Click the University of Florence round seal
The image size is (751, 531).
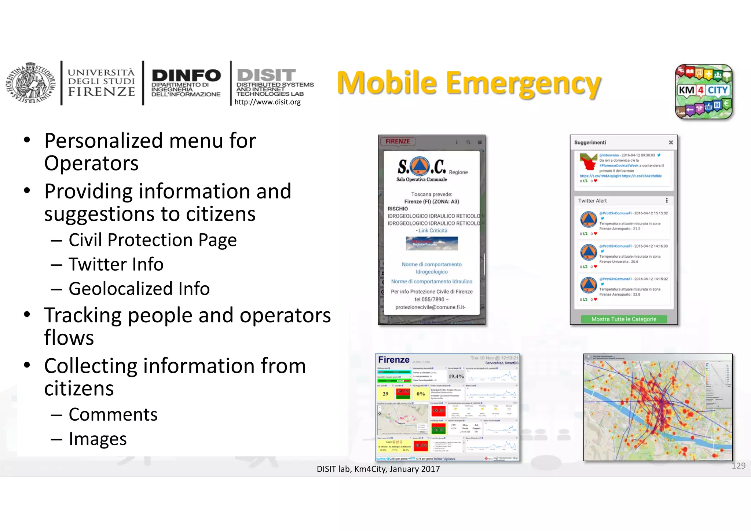30,83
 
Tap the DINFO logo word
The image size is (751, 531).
186,76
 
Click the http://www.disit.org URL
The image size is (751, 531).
267,102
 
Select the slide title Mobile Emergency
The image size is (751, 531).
469,83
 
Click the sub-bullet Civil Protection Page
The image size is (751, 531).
153,240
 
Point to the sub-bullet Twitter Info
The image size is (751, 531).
116,264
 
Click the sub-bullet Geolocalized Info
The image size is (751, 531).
139,289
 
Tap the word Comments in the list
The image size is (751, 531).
113,415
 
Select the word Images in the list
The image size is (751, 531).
98,439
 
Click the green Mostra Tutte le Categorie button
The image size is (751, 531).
623,319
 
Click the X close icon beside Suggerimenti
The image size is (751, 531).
671,142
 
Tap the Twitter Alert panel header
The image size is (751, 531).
593,201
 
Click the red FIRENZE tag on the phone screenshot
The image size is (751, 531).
398,142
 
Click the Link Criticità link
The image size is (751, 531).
433,230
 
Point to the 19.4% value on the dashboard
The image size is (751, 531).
456,376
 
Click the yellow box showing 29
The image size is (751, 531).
385,394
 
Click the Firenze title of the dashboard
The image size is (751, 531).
393,360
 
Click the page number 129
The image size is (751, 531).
738,466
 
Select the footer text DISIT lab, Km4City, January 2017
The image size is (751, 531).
378,469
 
